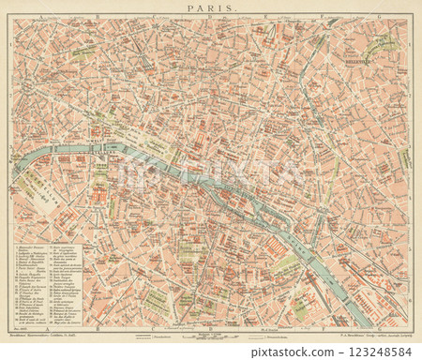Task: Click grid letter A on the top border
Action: tap(41, 17)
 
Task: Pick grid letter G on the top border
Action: tap(378, 17)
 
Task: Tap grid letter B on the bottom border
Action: tap(98, 329)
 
